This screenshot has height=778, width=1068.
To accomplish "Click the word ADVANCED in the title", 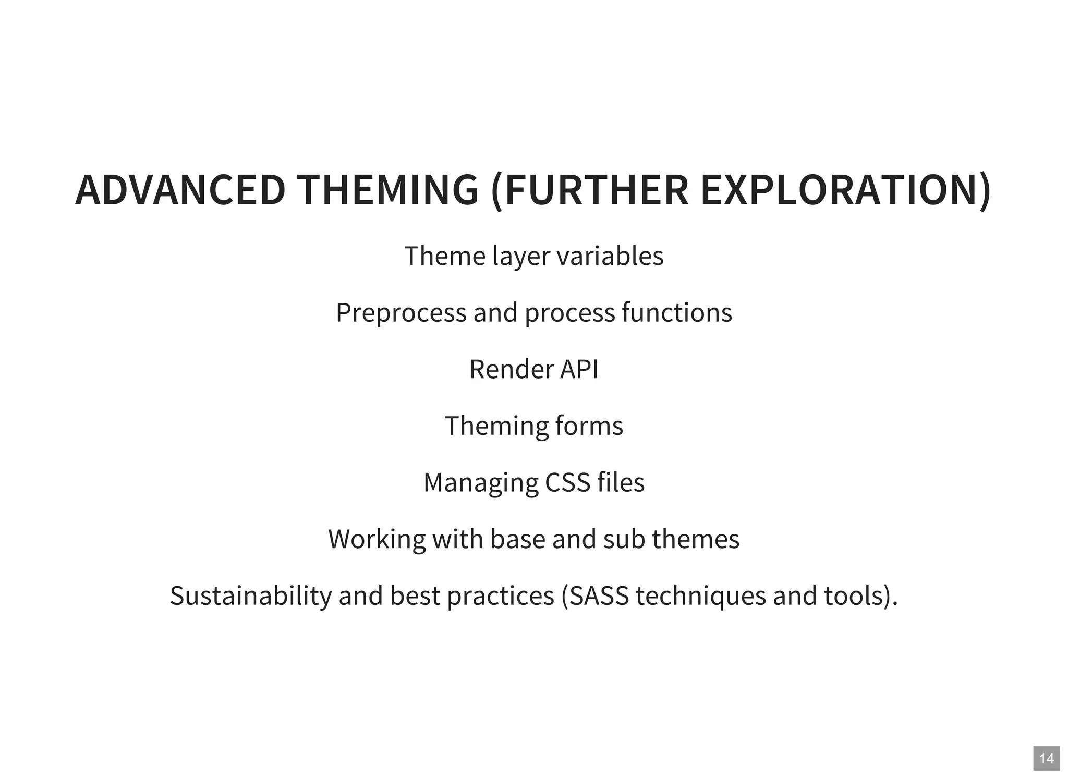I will point(180,190).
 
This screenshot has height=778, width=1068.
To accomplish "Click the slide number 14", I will point(1047,758).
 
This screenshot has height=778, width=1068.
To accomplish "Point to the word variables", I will point(610,256).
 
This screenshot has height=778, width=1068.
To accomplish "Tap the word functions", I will point(677,312).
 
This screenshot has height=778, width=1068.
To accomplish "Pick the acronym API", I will point(579,369).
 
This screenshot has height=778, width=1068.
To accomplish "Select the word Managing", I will point(480,483).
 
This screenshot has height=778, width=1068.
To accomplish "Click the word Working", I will point(377,539).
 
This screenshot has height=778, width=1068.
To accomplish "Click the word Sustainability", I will point(250,596).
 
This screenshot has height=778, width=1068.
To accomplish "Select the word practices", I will point(501,596).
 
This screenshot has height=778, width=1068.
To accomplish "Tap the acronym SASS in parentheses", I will point(599,595).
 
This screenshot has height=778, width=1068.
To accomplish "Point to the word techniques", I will point(701,596).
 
